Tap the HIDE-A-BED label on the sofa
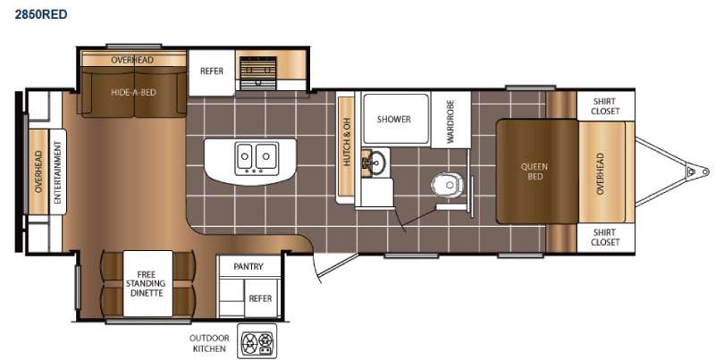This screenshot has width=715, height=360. (x=134, y=91)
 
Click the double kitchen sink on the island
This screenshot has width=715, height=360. (x=256, y=158)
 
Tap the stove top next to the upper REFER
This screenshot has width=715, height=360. (x=257, y=69)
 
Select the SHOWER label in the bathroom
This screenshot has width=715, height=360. (x=393, y=119)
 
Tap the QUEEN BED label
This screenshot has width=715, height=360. (x=535, y=171)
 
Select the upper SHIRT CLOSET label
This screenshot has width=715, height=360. (x=605, y=106)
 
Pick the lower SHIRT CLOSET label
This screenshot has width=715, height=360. (x=605, y=237)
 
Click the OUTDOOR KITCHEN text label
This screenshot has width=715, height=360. (x=209, y=343)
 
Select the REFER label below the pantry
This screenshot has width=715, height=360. (x=260, y=298)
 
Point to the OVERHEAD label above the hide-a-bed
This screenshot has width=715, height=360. (x=132, y=60)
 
